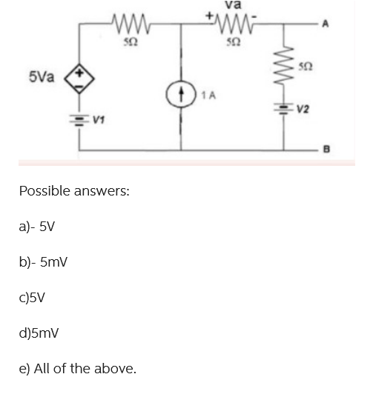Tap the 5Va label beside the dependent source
coord(42,76)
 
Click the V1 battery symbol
coord(80,116)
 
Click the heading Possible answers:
coord(74,191)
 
